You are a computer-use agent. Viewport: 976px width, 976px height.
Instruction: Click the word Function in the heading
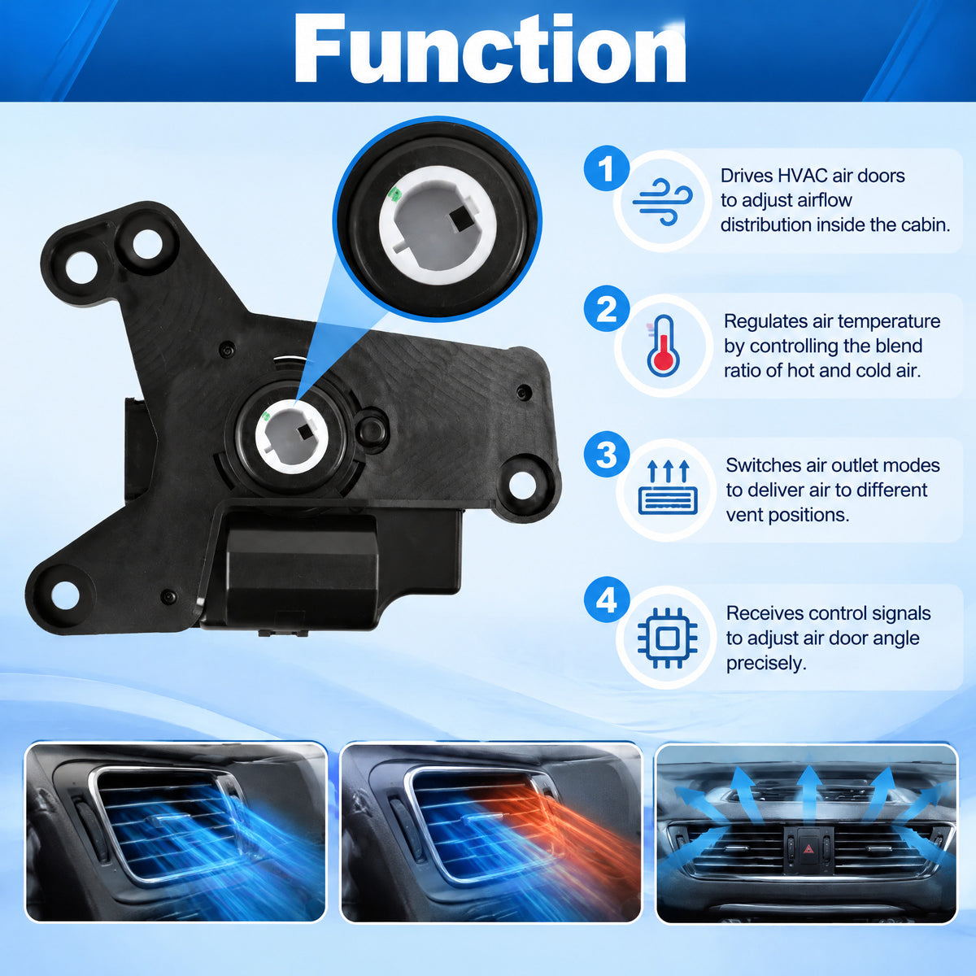tap(490, 49)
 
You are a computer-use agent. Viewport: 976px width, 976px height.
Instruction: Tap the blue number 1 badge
tap(606, 168)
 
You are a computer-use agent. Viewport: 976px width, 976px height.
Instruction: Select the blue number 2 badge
tap(606, 308)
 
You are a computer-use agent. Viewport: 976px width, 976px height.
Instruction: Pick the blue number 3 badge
tap(606, 454)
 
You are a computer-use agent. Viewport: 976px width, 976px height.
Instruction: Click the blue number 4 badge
tap(606, 599)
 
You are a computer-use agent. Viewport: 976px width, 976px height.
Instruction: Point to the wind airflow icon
tap(663, 202)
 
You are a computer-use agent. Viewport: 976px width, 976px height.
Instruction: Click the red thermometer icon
tap(663, 346)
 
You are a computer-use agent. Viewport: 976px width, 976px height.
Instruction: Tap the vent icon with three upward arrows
tap(668, 486)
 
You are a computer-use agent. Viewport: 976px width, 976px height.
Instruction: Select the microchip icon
tap(667, 638)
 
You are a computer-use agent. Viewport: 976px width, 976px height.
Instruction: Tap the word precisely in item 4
tap(766, 663)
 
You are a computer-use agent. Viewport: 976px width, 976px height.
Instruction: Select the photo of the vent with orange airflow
tap(491, 832)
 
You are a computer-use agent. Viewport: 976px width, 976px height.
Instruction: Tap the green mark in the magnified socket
tap(394, 194)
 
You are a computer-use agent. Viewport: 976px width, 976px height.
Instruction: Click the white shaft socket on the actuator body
tap(291, 436)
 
